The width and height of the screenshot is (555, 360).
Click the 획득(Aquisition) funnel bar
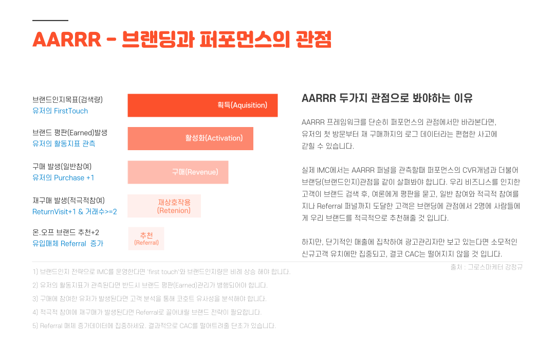tap(202, 105)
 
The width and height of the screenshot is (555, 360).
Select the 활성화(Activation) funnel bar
tap(191, 138)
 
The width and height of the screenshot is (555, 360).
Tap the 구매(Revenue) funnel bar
tap(178, 172)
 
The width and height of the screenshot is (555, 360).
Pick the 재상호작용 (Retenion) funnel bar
tap(164, 206)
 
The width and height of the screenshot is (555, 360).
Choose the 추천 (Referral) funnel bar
tap(146, 239)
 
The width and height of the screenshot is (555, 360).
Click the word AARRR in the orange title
tap(67, 39)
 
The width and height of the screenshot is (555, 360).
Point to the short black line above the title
tap(50, 21)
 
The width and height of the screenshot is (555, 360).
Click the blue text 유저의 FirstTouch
tap(60, 111)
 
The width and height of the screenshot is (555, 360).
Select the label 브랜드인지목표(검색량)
tap(68, 100)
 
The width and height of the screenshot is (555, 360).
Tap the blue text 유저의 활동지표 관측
tap(64, 143)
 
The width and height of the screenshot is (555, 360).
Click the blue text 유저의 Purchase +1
tap(63, 177)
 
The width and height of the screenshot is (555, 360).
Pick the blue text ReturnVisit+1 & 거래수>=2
tap(75, 211)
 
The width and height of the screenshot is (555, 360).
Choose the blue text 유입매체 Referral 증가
tap(68, 243)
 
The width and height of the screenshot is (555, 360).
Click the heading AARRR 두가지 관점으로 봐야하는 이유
tap(387, 98)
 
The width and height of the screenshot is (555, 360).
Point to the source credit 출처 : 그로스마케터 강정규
tap(486, 267)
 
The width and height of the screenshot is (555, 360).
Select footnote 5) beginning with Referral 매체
tap(154, 326)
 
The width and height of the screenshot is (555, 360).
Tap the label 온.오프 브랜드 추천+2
tap(66, 232)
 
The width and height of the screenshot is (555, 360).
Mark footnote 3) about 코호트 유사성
tap(150, 299)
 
